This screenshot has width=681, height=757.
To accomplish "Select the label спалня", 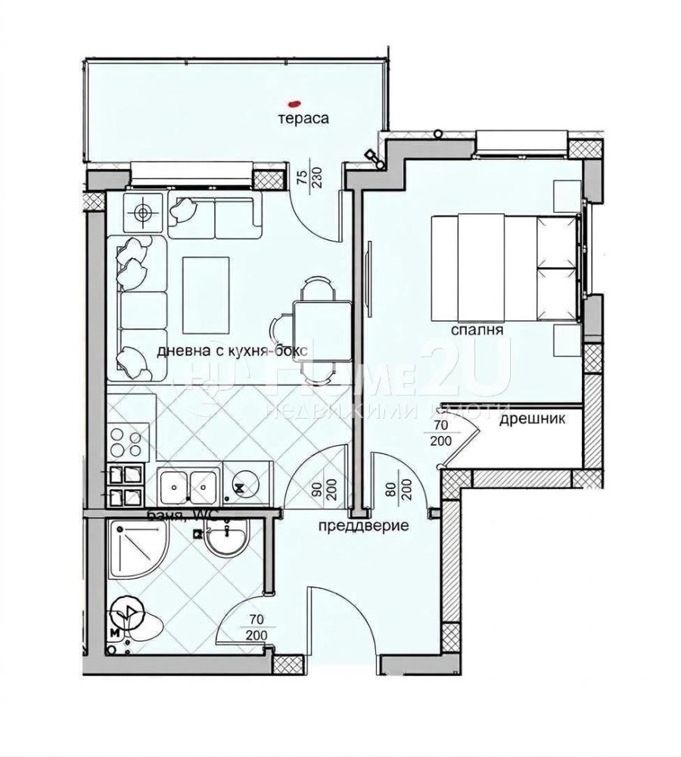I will pos(477,330).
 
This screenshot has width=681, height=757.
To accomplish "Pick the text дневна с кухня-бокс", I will pos(235,351).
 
